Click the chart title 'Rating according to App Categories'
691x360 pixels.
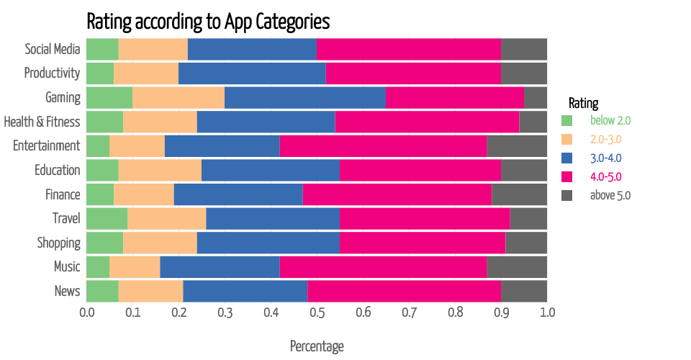click(x=208, y=21)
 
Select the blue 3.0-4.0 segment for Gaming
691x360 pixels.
click(x=305, y=97)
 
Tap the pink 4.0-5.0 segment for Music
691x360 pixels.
click(x=384, y=266)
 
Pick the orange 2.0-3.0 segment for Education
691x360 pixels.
click(x=160, y=170)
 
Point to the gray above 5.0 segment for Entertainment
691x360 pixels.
click(x=517, y=145)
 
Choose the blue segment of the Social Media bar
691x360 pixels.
click(x=252, y=49)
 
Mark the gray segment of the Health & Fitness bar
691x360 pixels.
click(x=533, y=122)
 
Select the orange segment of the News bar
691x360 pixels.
click(x=151, y=291)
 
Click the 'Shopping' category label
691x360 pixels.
click(x=59, y=243)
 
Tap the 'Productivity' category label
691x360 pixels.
click(x=52, y=73)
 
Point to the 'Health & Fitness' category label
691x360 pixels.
click(x=42, y=122)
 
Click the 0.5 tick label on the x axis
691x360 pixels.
click(x=317, y=313)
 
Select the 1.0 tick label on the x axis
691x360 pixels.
click(x=547, y=313)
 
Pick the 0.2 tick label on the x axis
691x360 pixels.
click(x=179, y=313)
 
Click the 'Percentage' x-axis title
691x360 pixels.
click(x=317, y=346)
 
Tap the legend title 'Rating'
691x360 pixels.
click(x=583, y=103)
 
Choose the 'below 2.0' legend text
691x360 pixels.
click(x=610, y=120)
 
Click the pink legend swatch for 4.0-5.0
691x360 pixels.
click(x=566, y=176)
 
